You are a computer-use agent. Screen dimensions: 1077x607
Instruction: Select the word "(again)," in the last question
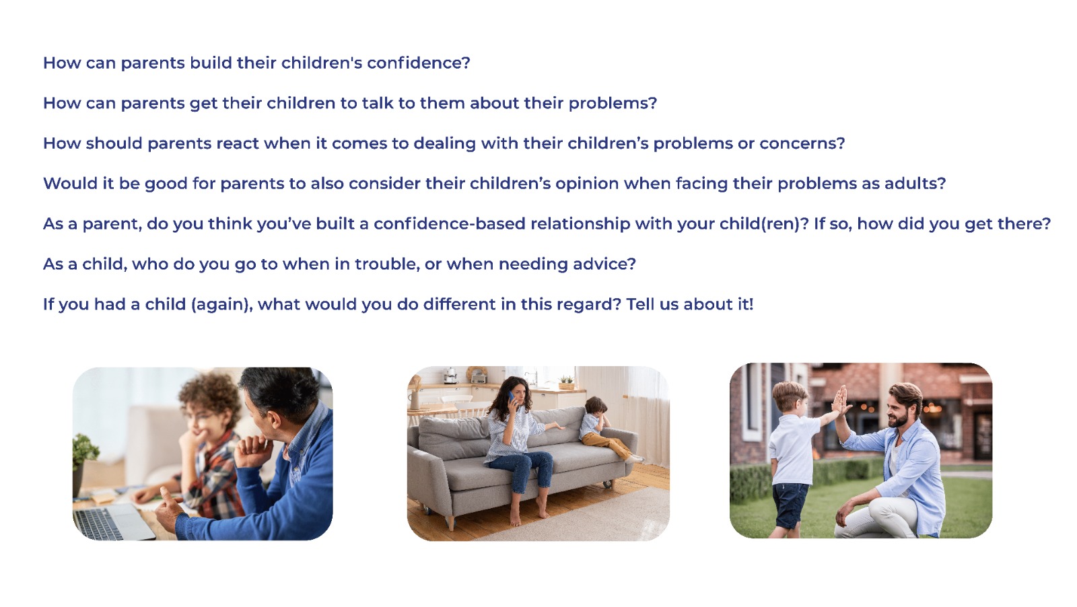[221, 305]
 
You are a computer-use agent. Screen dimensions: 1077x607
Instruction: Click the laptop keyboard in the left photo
[98, 524]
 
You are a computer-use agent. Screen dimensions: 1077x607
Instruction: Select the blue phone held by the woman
[511, 398]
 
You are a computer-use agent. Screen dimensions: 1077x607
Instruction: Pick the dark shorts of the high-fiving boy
[790, 505]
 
